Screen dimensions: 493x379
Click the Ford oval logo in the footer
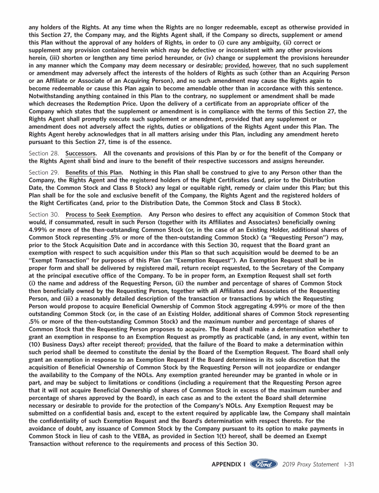pos(264,464)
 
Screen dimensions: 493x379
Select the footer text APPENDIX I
pos(228,464)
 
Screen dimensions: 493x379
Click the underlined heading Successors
pos(81,153)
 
